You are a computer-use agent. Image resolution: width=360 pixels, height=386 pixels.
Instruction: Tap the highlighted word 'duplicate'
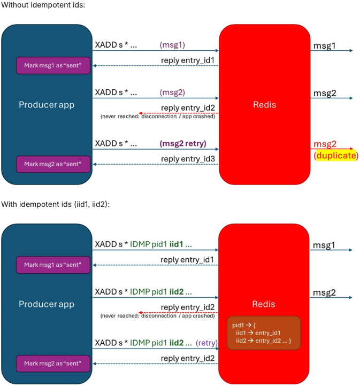335,156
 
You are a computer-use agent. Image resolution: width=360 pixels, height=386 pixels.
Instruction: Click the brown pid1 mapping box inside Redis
264,332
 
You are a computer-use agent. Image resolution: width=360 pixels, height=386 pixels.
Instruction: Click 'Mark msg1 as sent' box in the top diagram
53,65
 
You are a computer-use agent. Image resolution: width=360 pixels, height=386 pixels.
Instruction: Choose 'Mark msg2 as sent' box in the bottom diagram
53,364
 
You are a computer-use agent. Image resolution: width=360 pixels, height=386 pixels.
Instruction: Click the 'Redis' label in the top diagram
264,104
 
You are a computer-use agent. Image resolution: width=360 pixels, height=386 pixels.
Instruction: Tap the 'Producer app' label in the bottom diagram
47,304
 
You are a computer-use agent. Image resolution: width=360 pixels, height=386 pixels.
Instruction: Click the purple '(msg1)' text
172,45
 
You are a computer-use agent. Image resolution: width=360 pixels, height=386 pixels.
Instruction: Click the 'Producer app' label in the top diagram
47,104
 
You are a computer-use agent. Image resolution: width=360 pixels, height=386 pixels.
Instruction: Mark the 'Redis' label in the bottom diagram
264,304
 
